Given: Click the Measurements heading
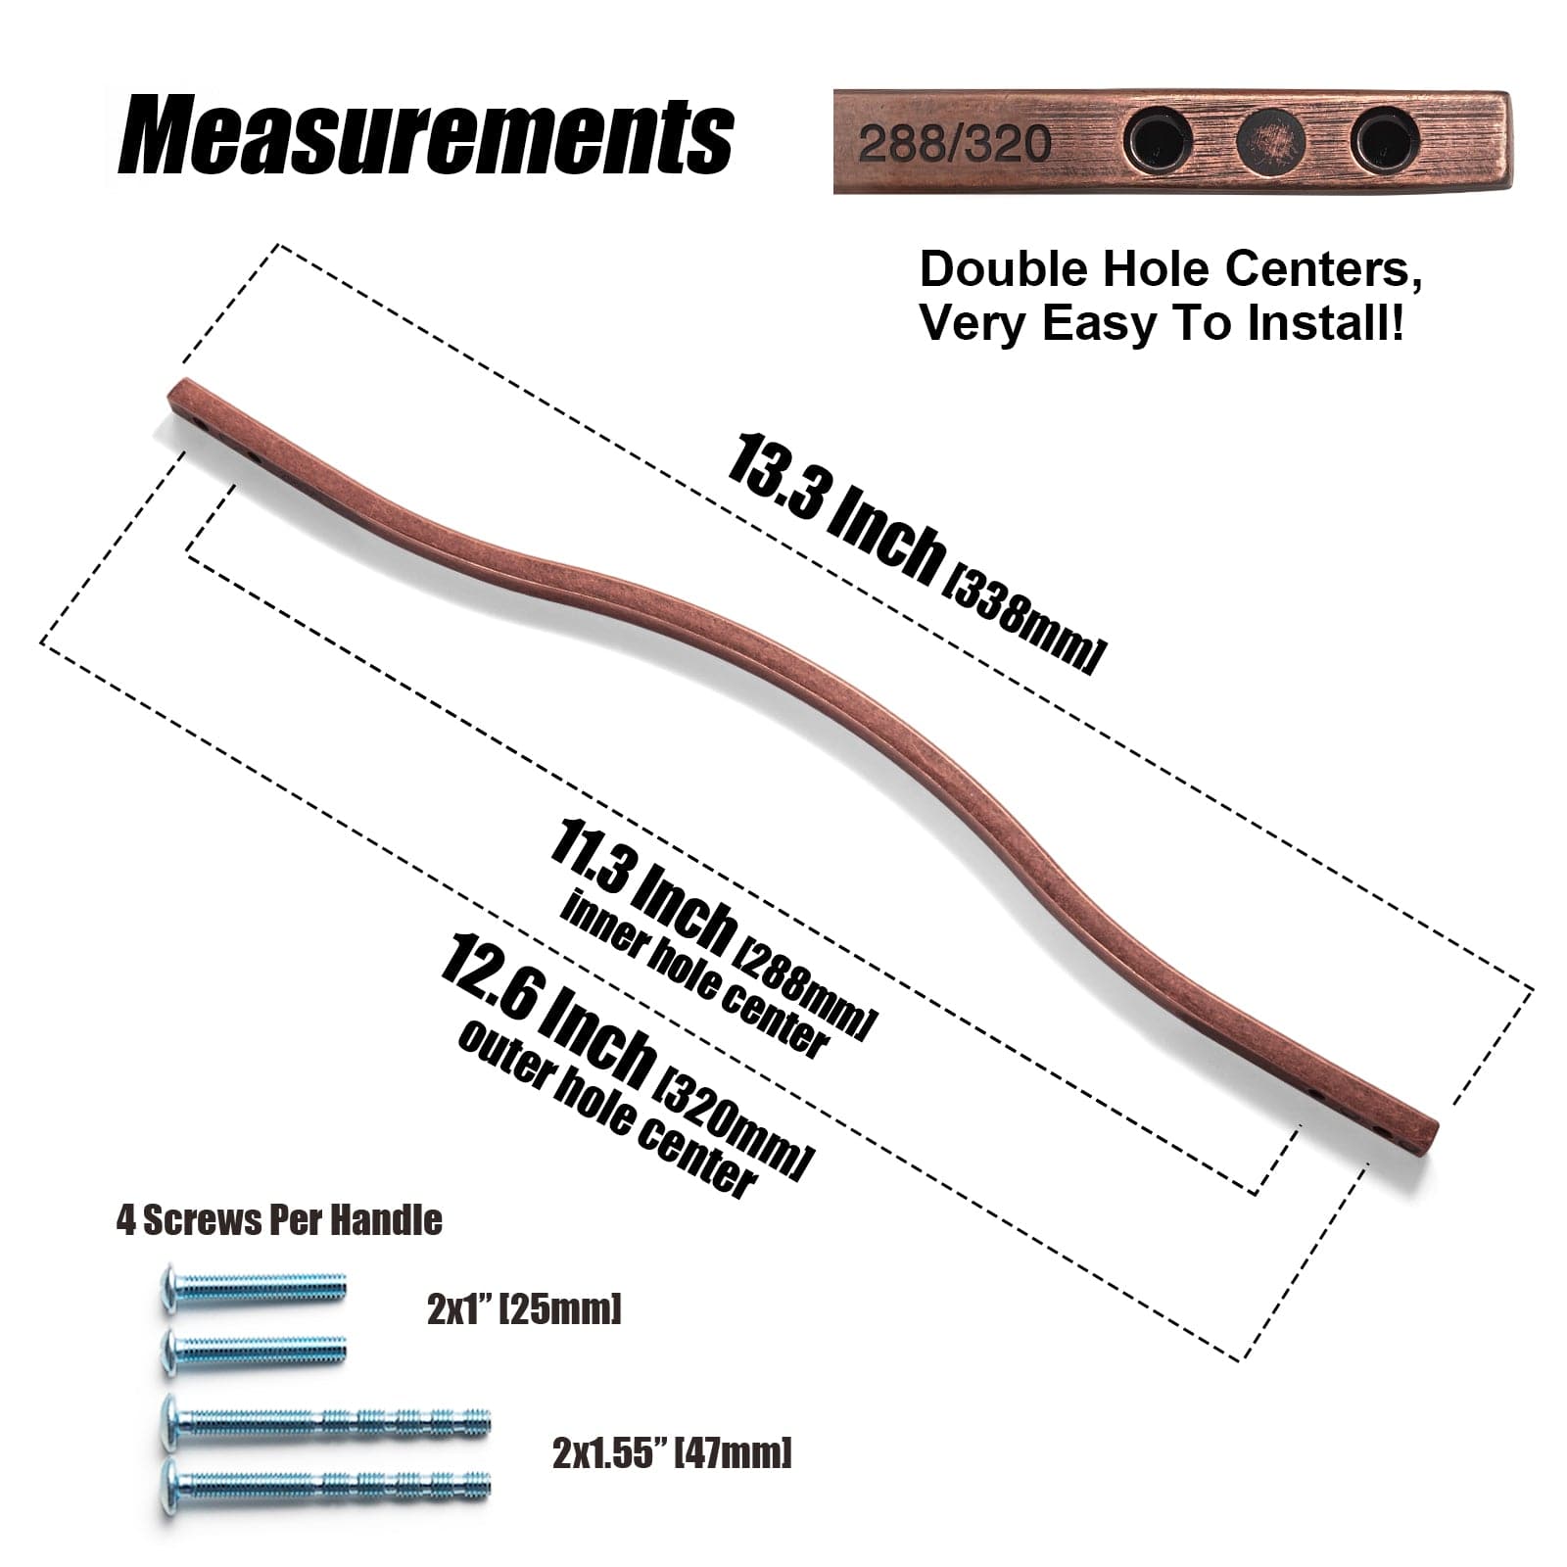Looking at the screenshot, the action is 425,136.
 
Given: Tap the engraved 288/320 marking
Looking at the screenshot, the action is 954,144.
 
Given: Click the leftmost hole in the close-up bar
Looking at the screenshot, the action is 1157,139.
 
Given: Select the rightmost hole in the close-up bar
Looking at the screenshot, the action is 1382,139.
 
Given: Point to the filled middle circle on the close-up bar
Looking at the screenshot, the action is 1270,139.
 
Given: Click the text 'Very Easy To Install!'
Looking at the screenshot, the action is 1163,323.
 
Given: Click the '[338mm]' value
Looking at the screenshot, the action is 1022,620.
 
